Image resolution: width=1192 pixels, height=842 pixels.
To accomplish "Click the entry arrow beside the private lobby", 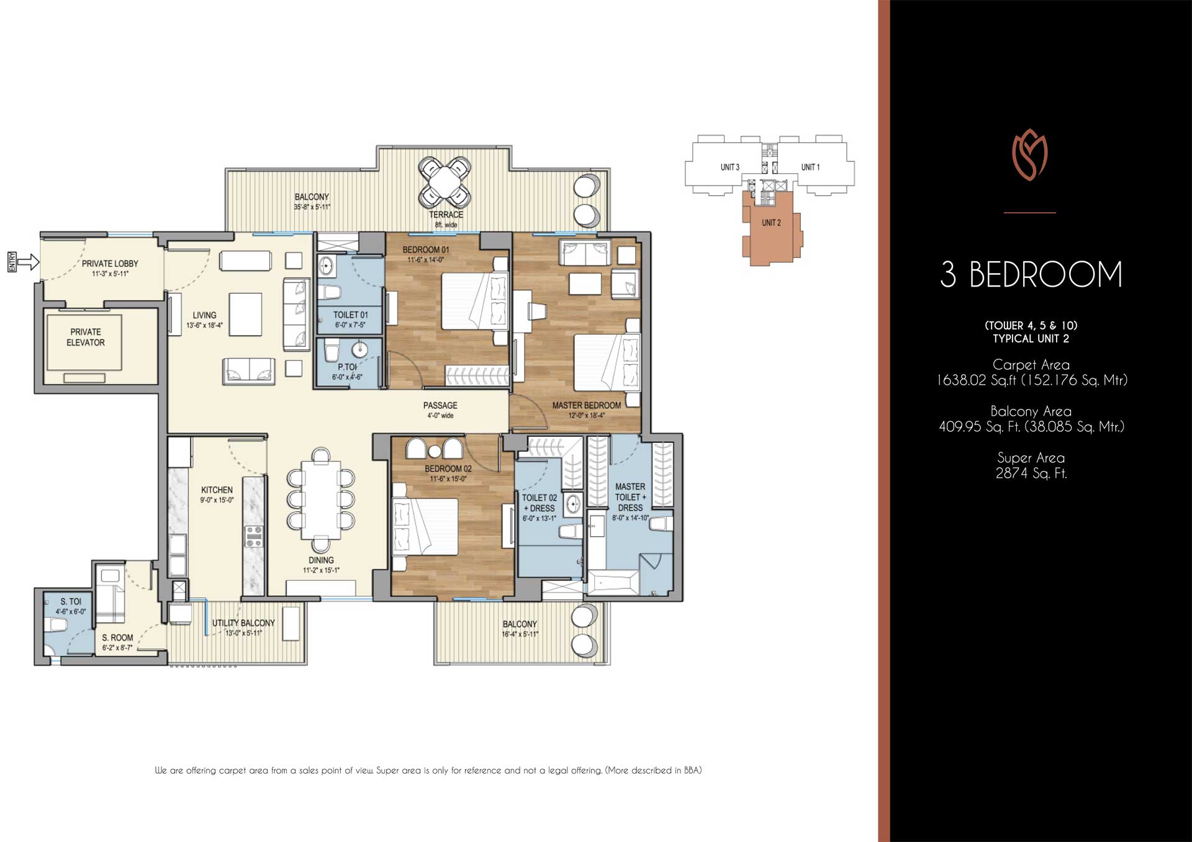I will (27, 262).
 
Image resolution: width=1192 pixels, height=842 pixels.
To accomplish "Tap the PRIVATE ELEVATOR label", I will (86, 337).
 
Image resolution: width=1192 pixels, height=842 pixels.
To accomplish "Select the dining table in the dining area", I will (321, 499).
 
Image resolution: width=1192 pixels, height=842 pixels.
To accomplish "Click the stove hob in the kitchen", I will (254, 535).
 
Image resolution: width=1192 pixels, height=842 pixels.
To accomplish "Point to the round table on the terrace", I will (445, 182).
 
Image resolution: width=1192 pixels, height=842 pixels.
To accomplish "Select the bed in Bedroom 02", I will (425, 526).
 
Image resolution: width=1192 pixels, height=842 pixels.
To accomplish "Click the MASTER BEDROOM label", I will (586, 405).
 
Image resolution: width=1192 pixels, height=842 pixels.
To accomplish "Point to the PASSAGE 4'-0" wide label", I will (440, 410).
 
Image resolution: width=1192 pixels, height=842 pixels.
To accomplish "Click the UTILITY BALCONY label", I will (243, 623).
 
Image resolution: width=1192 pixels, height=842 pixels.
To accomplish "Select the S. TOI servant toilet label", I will (71, 601).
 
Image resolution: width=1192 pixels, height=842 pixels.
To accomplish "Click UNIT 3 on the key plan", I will (729, 167).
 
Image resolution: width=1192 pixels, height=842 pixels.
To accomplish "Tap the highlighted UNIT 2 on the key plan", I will (771, 223).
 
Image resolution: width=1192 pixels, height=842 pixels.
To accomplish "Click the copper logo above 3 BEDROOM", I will (1030, 155).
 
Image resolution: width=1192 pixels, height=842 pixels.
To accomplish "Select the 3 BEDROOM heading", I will (1031, 275).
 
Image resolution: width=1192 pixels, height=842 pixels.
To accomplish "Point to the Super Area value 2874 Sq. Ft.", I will (1031, 473).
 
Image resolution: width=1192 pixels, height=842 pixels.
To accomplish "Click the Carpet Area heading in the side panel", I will (1031, 365).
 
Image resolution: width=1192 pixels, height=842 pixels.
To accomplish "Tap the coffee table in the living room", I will (245, 314).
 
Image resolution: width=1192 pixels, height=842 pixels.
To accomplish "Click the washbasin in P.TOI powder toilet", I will (359, 349).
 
